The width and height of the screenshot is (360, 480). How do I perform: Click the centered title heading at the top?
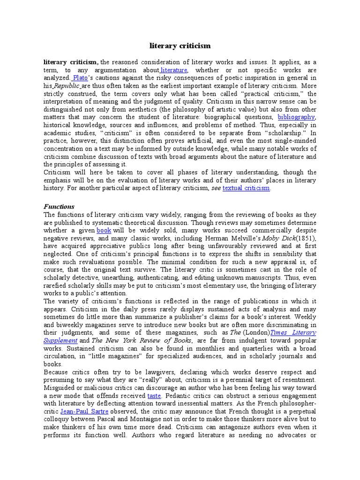[180, 46]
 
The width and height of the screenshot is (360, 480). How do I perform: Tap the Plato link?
[80, 78]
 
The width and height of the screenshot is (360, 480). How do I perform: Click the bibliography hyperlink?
[296, 116]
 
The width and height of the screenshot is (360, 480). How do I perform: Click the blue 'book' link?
[104, 231]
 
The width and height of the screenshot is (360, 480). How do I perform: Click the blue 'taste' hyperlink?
[154, 396]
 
